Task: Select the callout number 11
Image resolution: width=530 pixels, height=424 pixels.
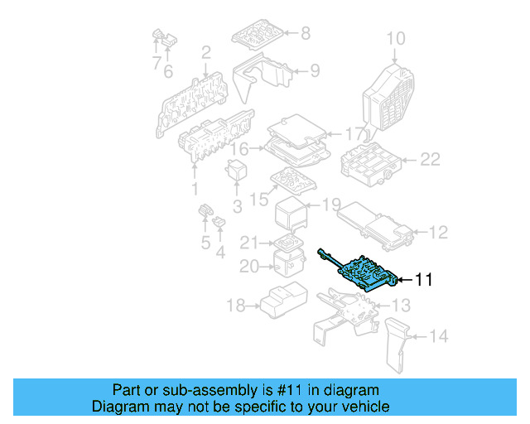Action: click(423, 281)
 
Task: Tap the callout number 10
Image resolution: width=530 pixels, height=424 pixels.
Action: click(396, 38)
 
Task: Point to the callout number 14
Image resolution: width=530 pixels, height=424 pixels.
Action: click(439, 336)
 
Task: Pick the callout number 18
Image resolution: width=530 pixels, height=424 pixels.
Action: click(236, 306)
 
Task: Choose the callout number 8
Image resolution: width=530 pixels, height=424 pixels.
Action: click(305, 34)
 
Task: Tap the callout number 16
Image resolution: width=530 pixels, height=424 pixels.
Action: click(239, 150)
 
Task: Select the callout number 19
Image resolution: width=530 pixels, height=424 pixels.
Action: click(331, 205)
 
